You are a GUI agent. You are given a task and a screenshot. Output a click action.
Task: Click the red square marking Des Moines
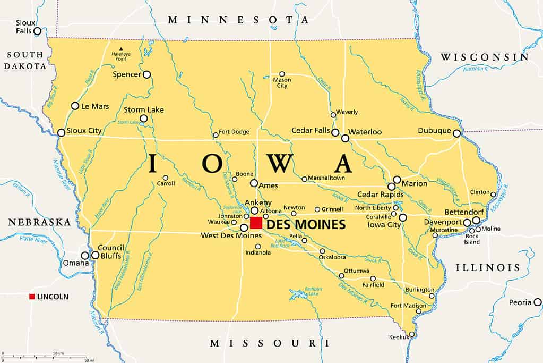point(256,223)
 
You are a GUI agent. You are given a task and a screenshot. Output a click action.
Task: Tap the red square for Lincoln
point(32,297)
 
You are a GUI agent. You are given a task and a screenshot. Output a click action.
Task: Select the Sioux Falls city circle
point(37,31)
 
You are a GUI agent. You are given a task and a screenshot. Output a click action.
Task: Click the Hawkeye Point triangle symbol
point(120,49)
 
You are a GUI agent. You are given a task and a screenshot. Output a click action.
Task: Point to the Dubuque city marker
point(456,133)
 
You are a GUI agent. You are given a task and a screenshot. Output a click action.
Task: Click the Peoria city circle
point(537,302)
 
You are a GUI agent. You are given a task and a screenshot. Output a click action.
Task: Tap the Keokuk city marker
point(411,334)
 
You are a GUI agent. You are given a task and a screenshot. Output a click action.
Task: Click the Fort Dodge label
point(234,132)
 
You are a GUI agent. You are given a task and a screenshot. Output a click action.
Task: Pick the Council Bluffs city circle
point(96,255)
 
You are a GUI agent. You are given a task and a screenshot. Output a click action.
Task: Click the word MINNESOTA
point(238,20)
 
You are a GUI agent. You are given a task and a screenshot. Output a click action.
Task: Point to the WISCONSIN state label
point(485,57)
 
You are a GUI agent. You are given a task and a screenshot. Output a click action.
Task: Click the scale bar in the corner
point(45,356)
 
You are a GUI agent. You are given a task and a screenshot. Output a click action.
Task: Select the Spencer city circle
point(146,74)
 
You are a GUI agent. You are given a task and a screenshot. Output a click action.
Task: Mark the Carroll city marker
point(165,178)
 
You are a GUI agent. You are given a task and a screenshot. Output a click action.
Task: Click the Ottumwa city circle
point(341,275)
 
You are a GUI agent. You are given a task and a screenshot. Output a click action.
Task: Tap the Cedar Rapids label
point(380,195)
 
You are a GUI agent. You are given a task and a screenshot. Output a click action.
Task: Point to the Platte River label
point(33,240)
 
